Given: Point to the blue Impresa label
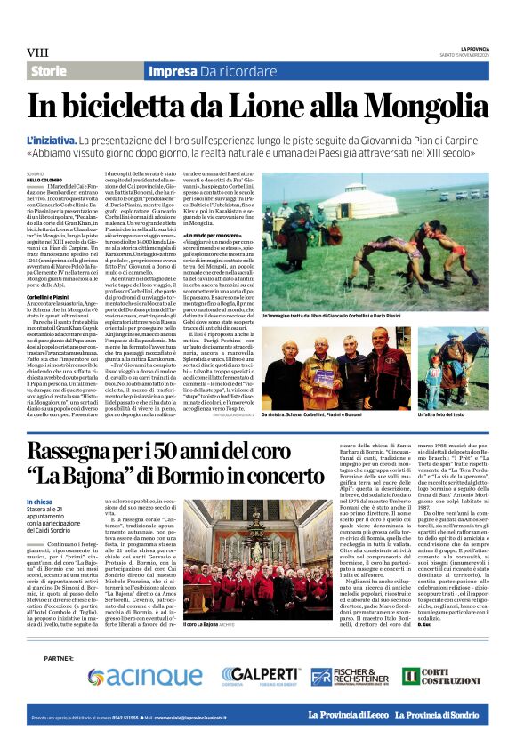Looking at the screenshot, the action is pos(173,71).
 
